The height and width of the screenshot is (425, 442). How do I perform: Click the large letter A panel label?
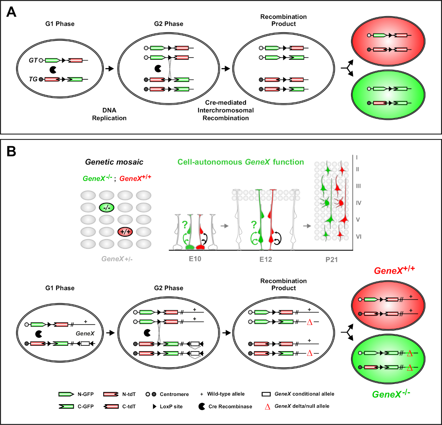[11, 12]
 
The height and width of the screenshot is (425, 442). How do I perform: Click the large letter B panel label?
[11, 152]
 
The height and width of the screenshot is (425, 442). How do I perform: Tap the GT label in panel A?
[33, 60]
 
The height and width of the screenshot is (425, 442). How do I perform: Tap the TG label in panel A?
[33, 79]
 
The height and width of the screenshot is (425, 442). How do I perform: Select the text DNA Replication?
[109, 114]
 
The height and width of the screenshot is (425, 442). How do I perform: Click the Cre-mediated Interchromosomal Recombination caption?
[225, 110]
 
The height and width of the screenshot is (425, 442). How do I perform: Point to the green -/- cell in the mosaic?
[107, 207]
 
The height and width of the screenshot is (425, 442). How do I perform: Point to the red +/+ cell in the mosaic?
[125, 232]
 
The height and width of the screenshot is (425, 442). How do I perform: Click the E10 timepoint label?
[195, 259]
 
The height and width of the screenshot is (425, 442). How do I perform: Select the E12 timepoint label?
[266, 259]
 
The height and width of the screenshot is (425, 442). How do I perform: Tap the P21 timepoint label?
[331, 260]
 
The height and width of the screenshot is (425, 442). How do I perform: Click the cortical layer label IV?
[358, 203]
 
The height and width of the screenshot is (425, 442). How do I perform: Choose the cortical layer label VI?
[358, 236]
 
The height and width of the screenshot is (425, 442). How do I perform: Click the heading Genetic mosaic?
[114, 162]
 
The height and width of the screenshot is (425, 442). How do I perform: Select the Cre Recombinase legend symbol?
[202, 406]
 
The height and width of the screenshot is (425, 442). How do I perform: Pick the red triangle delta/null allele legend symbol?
[267, 407]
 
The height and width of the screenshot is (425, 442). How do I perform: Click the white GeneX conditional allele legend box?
[266, 394]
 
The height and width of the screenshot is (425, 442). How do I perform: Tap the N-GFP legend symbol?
[66, 394]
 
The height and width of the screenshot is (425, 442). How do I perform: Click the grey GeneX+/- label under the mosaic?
[117, 259]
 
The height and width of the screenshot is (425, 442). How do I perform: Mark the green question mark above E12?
[254, 224]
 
